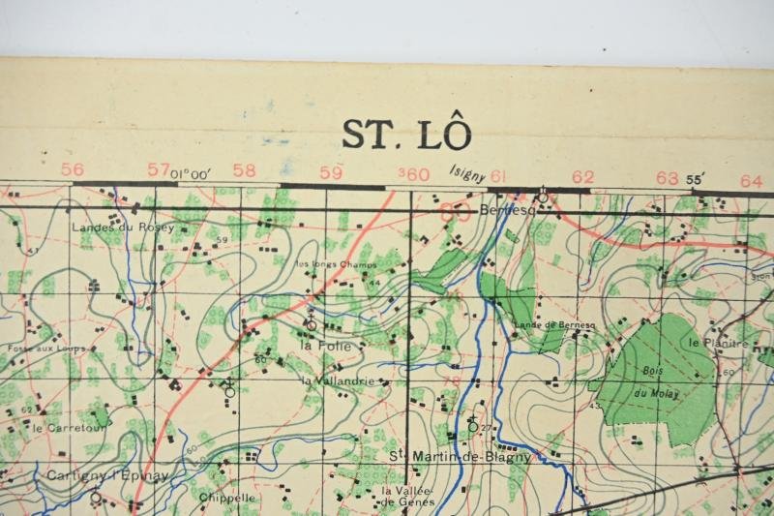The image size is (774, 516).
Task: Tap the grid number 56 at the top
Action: pos(72,169)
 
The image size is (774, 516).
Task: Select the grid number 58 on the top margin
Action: pos(245,170)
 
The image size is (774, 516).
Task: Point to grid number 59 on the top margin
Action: pos(331,172)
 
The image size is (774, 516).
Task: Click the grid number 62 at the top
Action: pos(582,176)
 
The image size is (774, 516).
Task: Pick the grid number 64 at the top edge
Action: pos(751,180)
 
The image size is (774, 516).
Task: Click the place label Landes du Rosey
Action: pos(122,228)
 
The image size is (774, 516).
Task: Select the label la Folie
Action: pos(319,344)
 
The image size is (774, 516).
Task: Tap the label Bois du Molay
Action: pos(655,381)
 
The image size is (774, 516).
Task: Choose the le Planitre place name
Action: pos(718,343)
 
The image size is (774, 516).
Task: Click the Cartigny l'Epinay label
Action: pos(93,476)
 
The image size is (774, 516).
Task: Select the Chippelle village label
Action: pos(227,498)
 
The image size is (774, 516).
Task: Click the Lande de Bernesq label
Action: pos(547,324)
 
